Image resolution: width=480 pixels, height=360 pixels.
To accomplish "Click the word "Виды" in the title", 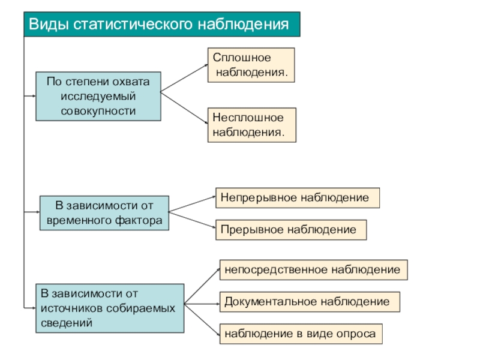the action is click(49, 25).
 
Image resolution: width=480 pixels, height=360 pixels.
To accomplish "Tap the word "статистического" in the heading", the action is click(133, 24).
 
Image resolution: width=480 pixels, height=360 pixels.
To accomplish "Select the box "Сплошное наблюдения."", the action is click(251, 65).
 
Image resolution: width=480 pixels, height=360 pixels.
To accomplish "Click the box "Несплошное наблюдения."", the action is click(252, 125).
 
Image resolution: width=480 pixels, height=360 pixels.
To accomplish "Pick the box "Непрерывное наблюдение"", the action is click(298, 198).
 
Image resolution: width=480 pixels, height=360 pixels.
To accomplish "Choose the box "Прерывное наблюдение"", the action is click(291, 230).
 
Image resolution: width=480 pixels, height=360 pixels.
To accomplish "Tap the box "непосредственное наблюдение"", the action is click(313, 269).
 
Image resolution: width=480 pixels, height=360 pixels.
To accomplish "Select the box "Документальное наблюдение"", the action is click(310, 302).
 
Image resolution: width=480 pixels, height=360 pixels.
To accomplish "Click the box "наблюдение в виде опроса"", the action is click(301, 334).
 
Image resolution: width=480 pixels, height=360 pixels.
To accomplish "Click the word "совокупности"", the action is click(98, 111).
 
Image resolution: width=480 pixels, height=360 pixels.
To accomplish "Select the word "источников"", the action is click(71, 308).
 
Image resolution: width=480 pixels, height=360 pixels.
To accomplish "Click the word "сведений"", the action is click(67, 323).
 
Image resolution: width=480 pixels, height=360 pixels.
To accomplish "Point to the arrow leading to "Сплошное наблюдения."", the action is click(184, 78).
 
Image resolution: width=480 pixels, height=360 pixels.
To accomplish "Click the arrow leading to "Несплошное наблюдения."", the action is click(184, 108).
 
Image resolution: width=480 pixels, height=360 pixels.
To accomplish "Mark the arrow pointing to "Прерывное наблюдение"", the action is click(192, 220).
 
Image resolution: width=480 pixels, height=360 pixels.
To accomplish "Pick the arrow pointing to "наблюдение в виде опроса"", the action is click(202, 319).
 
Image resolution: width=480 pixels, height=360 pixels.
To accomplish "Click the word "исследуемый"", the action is click(98, 96).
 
